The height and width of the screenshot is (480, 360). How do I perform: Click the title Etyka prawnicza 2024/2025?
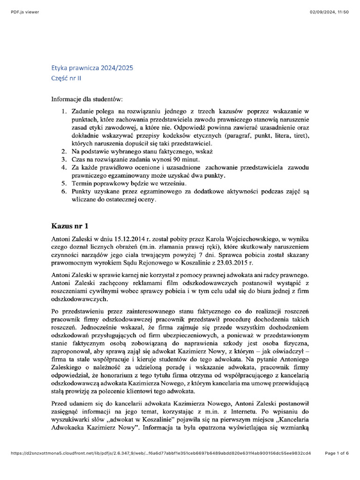tap(92, 68)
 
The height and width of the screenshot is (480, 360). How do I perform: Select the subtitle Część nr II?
tap(66, 78)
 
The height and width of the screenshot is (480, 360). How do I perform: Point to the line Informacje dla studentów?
tap(87, 99)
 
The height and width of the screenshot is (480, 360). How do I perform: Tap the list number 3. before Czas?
tap(64, 160)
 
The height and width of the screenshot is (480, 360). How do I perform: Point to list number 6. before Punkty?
tap(64, 192)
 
